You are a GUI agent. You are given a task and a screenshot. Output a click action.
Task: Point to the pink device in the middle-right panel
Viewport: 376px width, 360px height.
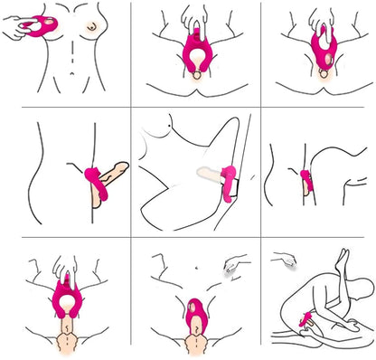(307, 181)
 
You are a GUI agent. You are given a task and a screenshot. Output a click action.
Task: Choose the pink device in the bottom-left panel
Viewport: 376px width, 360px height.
(66, 290)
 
